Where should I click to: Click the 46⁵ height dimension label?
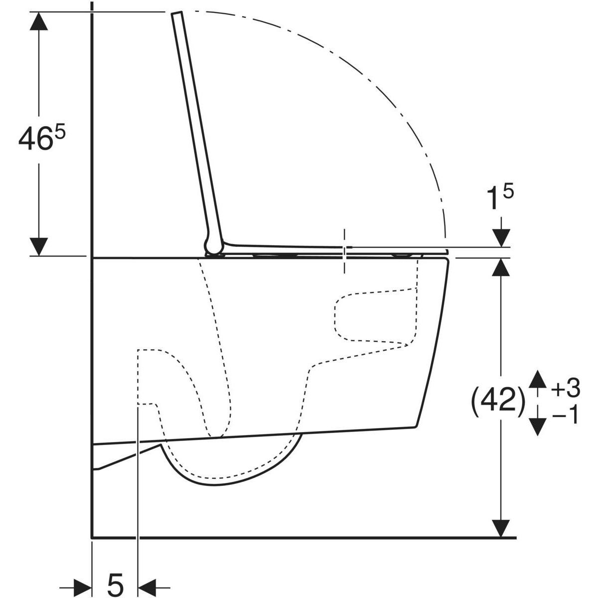[42, 138]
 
